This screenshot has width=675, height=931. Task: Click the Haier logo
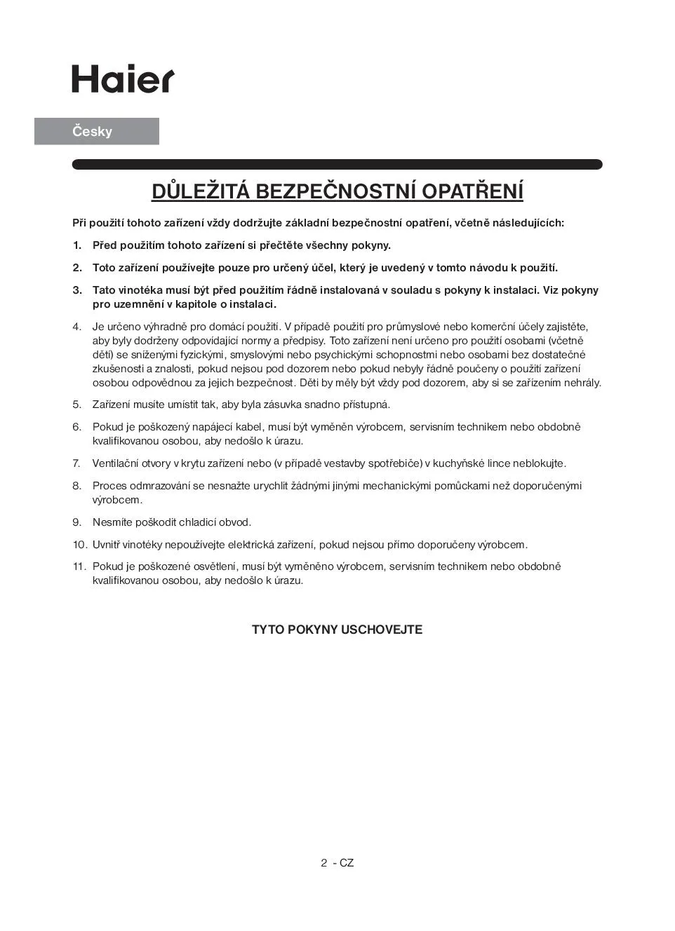pyautogui.click(x=123, y=79)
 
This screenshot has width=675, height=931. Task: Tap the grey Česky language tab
pyautogui.click(x=97, y=131)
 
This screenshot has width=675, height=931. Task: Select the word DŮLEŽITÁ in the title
pyautogui.click(x=201, y=191)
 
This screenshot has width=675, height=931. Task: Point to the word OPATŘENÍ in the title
pyautogui.click(x=477, y=191)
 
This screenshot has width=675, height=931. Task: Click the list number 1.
pyautogui.click(x=76, y=245)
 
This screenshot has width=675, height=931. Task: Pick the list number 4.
pyautogui.click(x=76, y=327)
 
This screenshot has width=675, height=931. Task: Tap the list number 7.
pyautogui.click(x=76, y=463)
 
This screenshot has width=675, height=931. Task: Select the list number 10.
pyautogui.click(x=79, y=545)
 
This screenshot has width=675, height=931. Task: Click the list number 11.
pyautogui.click(x=79, y=566)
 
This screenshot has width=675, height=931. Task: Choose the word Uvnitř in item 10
pyautogui.click(x=107, y=545)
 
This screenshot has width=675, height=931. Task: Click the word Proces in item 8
pyautogui.click(x=108, y=486)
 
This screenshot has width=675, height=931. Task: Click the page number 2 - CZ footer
pyautogui.click(x=337, y=863)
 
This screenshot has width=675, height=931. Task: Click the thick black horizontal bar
pyautogui.click(x=337, y=165)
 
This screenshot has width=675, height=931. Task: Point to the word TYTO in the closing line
pyautogui.click(x=268, y=630)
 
